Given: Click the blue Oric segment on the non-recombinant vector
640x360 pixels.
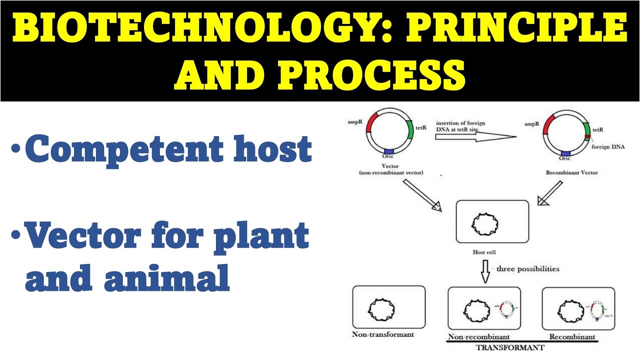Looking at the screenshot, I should [x=389, y=151].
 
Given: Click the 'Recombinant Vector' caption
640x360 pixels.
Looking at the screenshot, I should [x=572, y=173].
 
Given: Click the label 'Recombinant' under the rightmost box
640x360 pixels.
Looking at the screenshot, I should [x=572, y=336].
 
